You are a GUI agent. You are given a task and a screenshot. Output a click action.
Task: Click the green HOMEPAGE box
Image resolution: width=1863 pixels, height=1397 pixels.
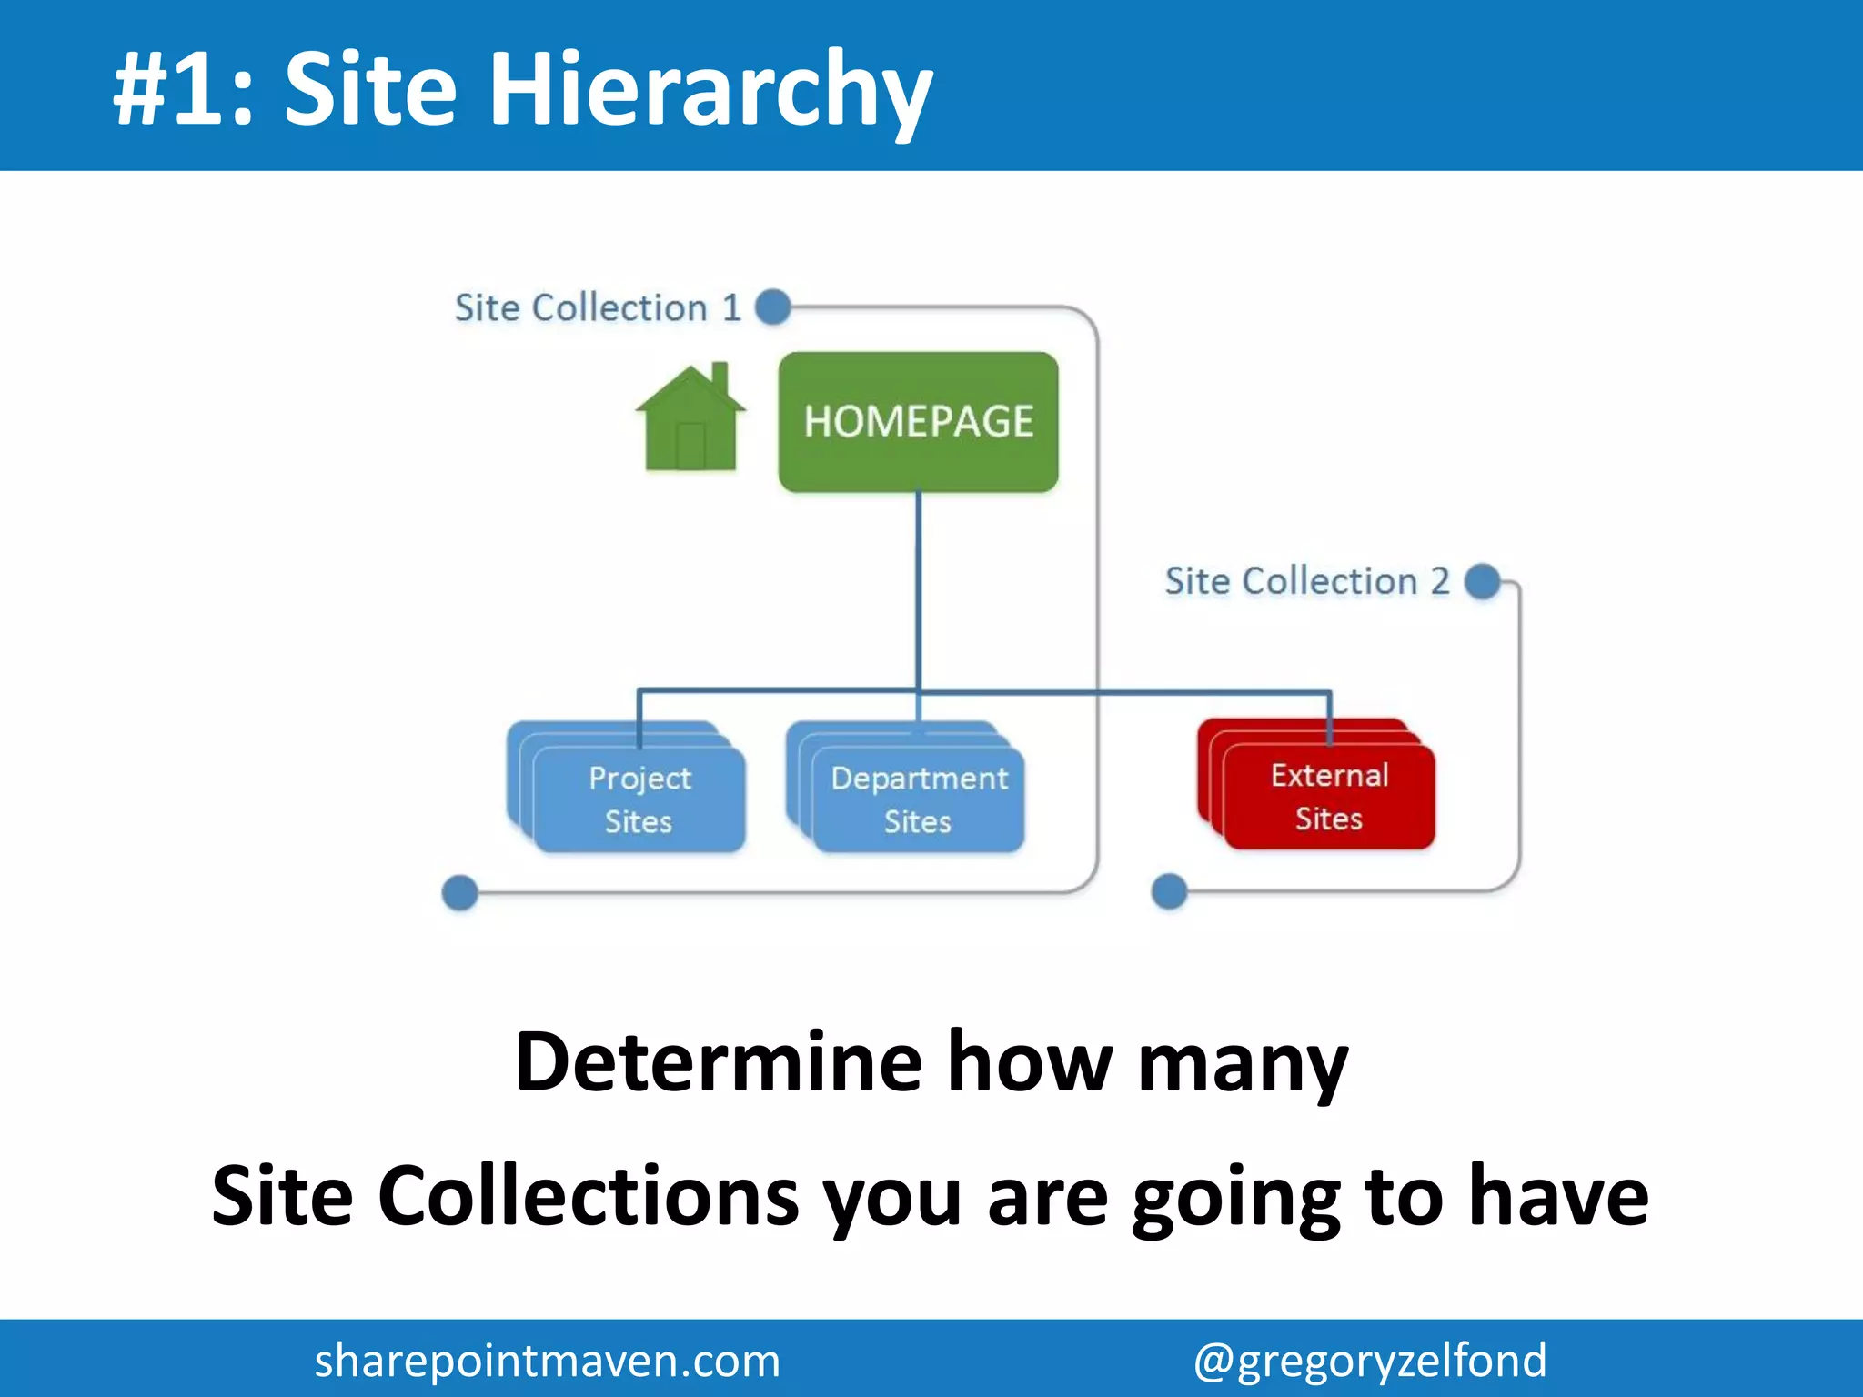(x=918, y=422)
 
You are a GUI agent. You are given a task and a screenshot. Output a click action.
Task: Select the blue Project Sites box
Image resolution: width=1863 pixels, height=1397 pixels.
(x=639, y=799)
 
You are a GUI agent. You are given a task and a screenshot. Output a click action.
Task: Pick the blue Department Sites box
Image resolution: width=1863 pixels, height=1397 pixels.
(x=918, y=799)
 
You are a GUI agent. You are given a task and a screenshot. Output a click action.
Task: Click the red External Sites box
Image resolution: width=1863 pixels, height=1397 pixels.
(x=1328, y=796)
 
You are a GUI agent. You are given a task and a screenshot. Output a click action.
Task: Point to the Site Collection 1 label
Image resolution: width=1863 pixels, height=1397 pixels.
(x=598, y=308)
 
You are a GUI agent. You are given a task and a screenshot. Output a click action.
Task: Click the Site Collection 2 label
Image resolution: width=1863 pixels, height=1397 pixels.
(x=1306, y=581)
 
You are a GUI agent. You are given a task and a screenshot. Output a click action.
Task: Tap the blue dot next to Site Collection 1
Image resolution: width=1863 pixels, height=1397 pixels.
(x=773, y=307)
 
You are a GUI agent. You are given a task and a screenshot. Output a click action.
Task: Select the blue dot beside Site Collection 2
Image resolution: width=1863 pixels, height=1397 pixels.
(x=1483, y=581)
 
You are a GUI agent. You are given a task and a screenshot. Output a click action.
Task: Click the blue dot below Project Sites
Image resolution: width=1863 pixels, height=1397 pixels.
(x=460, y=892)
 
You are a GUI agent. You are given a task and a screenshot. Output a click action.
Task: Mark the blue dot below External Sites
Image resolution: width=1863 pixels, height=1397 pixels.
(x=1169, y=891)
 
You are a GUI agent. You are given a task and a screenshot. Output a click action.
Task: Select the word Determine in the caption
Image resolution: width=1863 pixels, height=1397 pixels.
(x=719, y=1061)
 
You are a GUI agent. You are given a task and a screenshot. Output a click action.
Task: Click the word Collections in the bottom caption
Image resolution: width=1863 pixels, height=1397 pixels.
(x=589, y=1196)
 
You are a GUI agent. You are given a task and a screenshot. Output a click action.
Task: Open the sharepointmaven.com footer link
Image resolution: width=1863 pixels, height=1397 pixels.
(x=547, y=1361)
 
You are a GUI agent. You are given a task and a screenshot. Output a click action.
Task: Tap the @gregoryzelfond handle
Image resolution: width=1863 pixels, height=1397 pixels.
(x=1370, y=1361)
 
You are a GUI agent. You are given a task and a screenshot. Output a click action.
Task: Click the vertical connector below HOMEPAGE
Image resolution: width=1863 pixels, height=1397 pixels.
(x=918, y=591)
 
